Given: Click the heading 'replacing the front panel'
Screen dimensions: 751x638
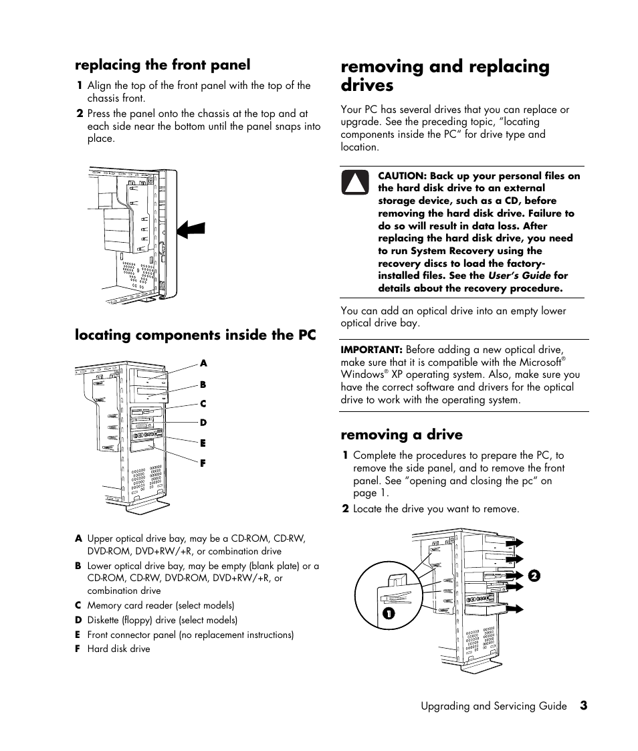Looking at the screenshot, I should coord(163,65).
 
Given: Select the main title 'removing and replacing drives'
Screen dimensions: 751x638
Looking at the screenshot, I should coord(445,76).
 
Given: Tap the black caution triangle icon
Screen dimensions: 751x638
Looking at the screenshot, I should coord(356,183).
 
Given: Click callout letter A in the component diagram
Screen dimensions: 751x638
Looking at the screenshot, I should coord(203,363).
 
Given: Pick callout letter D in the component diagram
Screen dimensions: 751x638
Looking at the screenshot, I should coord(203,423).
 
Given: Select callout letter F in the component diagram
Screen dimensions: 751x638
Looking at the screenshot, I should coord(203,463).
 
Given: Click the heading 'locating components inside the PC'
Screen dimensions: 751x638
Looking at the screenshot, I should coord(195,334).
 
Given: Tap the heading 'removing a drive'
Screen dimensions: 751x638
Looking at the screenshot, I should coord(401,435).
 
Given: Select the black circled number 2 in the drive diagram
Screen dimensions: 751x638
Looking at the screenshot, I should coord(533,575).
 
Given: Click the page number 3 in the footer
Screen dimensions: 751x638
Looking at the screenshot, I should coord(583,706).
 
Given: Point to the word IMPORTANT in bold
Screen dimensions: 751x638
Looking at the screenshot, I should coord(370,349).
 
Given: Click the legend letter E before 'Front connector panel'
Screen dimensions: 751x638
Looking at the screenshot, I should coord(78,635).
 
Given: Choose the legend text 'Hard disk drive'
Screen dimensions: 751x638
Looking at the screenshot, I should coord(118,649).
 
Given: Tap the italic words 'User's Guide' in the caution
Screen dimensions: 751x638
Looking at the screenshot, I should coord(519,276).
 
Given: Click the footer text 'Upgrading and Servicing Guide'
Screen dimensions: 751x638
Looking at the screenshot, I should coord(494,706).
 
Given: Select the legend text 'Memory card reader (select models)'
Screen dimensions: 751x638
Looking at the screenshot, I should coord(161,605).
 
